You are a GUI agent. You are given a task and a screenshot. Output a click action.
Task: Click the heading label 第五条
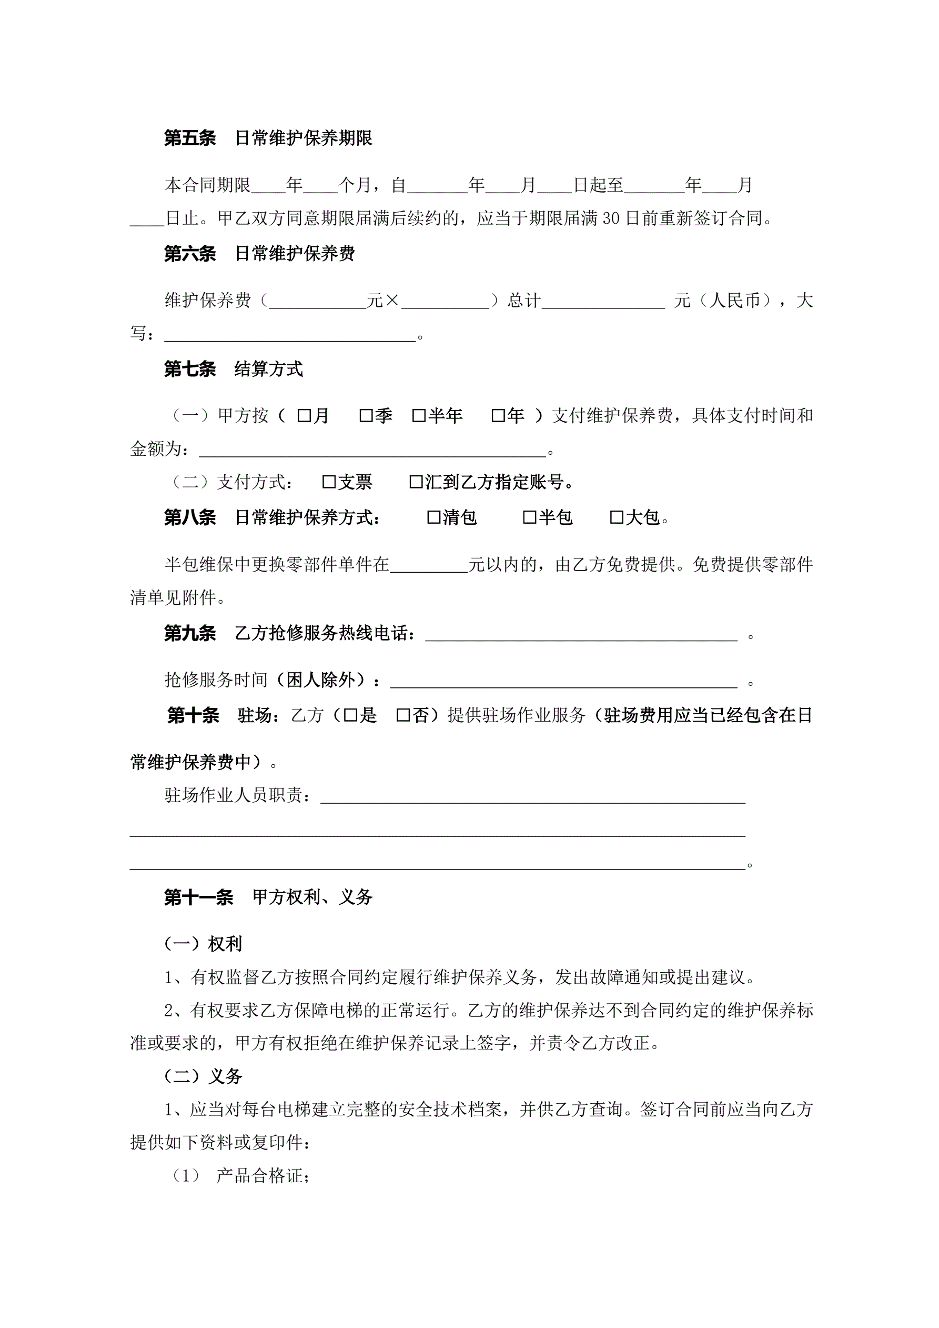(190, 138)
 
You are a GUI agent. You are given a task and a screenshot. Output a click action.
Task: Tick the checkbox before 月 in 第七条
(304, 416)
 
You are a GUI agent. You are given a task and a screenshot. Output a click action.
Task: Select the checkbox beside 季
(366, 416)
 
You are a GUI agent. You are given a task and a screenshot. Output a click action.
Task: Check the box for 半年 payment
(419, 416)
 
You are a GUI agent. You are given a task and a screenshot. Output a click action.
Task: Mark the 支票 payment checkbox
(329, 482)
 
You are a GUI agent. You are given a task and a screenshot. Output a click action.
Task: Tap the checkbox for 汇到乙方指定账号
(416, 482)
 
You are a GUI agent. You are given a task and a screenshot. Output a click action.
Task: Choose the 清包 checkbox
(433, 517)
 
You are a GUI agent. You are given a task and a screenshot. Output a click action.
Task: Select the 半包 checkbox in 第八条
(530, 517)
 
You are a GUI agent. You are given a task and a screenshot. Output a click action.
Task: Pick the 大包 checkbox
(617, 517)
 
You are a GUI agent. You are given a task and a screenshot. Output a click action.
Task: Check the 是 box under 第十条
(350, 715)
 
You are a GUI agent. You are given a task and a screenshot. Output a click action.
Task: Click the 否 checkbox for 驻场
(403, 715)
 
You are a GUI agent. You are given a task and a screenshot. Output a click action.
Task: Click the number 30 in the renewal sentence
(611, 218)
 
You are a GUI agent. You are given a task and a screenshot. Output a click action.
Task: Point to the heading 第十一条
(198, 897)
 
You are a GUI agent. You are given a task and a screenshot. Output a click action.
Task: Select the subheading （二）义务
(203, 1076)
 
